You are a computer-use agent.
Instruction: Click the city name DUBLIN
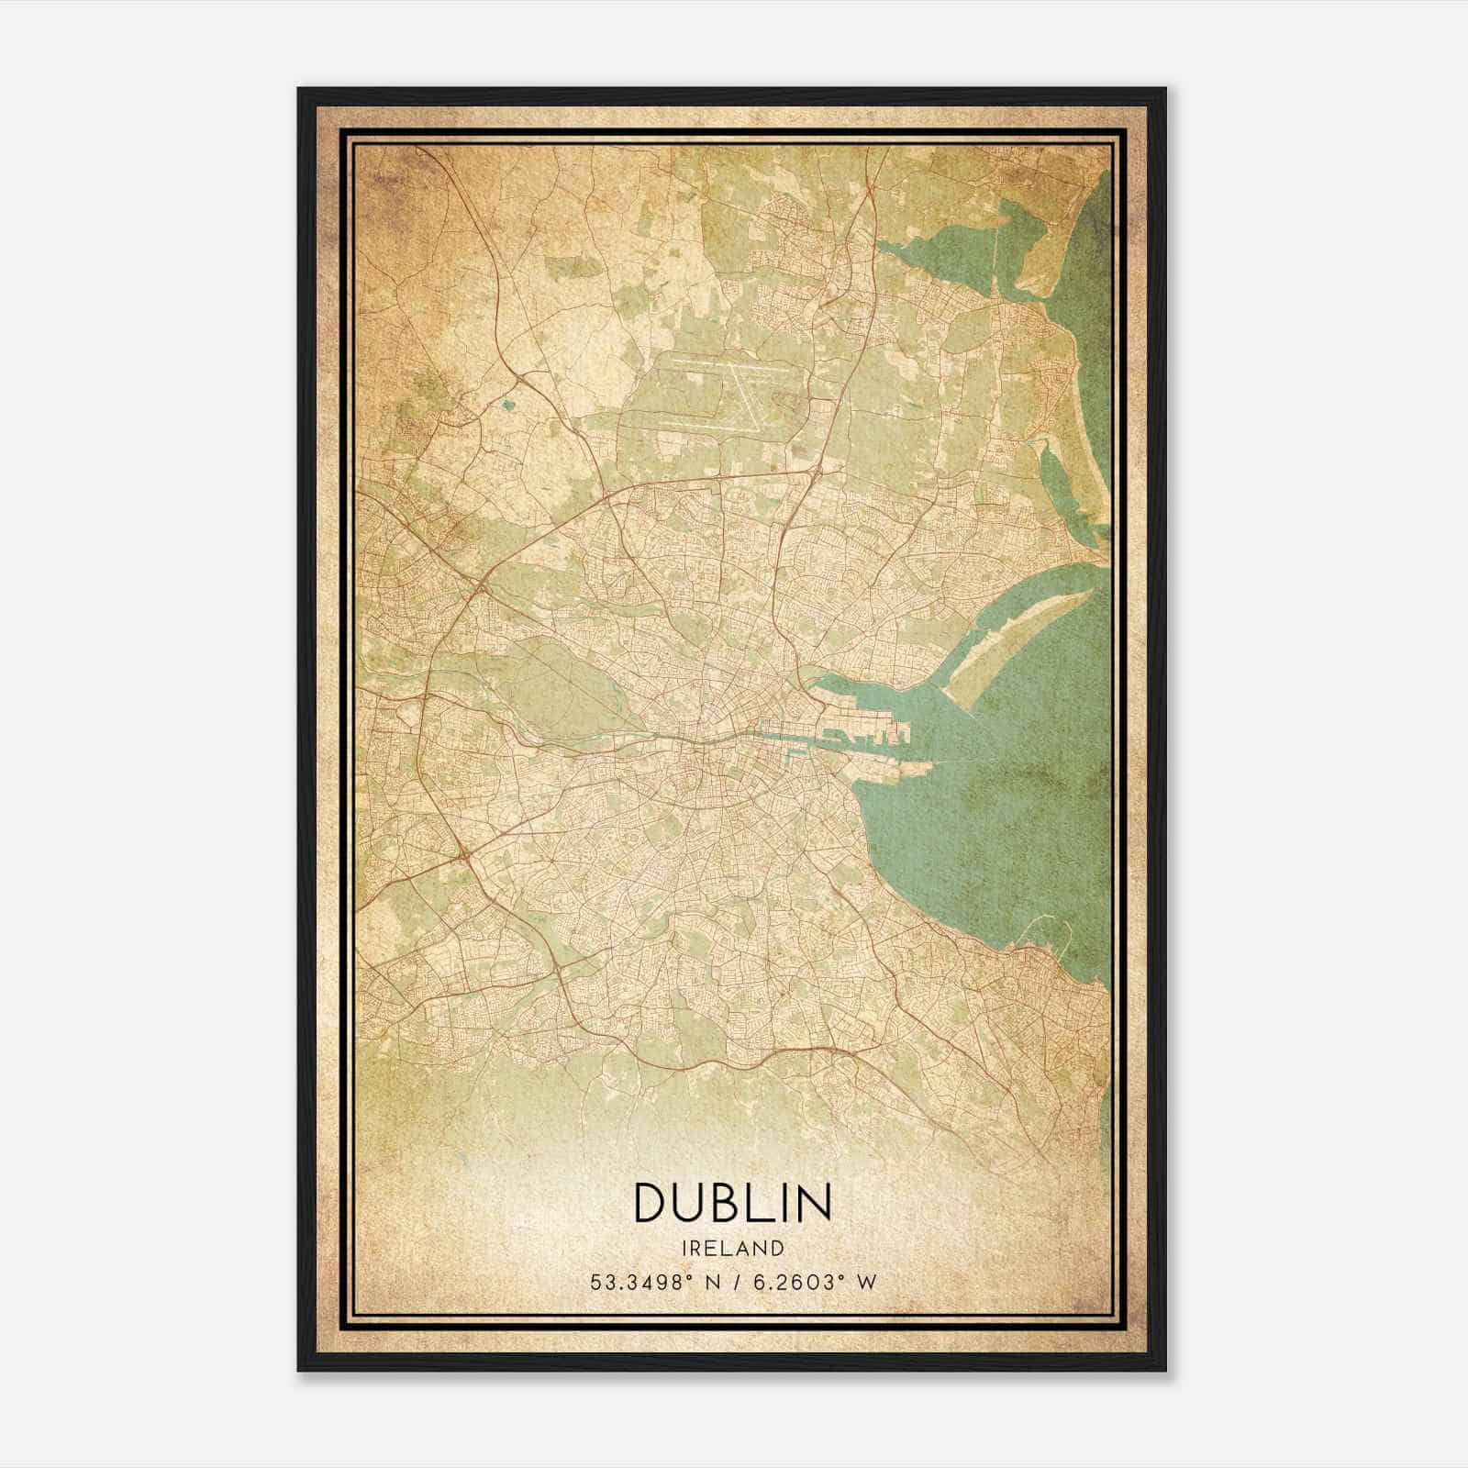coord(732,1202)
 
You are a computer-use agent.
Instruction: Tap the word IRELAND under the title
coord(732,1249)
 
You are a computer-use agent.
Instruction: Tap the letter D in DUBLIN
coord(650,1202)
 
